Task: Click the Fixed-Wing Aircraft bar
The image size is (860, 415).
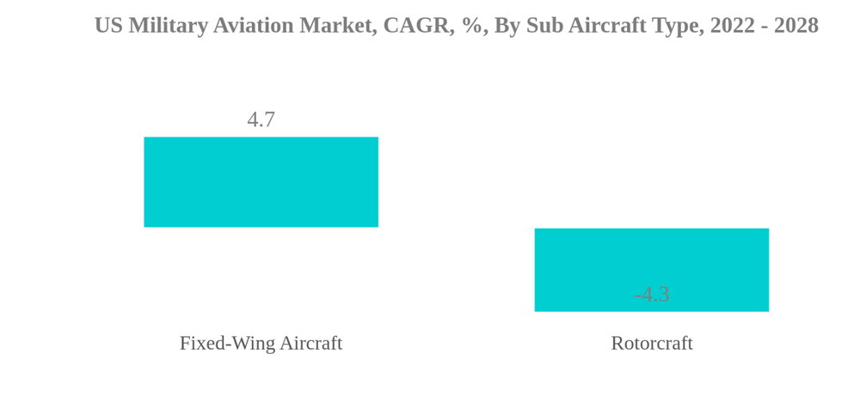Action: pos(261,182)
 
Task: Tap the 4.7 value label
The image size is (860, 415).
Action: pos(261,119)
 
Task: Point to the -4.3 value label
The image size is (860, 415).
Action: pos(651,294)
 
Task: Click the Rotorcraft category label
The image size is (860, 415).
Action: pos(651,343)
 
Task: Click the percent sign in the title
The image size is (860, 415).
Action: pos(471,26)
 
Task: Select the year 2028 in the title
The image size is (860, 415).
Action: pos(795,26)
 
